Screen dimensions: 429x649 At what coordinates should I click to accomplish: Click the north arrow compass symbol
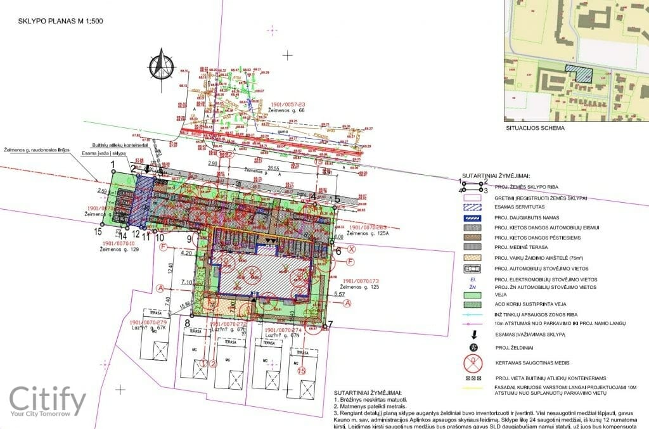pos(162,66)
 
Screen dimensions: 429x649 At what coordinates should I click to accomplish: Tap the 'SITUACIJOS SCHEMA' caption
pos(535,128)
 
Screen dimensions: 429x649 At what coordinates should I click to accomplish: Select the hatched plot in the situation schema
pos(579,74)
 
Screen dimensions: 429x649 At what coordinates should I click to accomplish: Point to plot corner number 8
pos(188,323)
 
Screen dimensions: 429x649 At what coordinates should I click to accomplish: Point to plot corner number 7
pos(331,324)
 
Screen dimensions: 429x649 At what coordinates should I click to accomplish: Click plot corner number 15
pos(98,232)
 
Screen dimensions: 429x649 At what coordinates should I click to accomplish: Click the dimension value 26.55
pos(274,168)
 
